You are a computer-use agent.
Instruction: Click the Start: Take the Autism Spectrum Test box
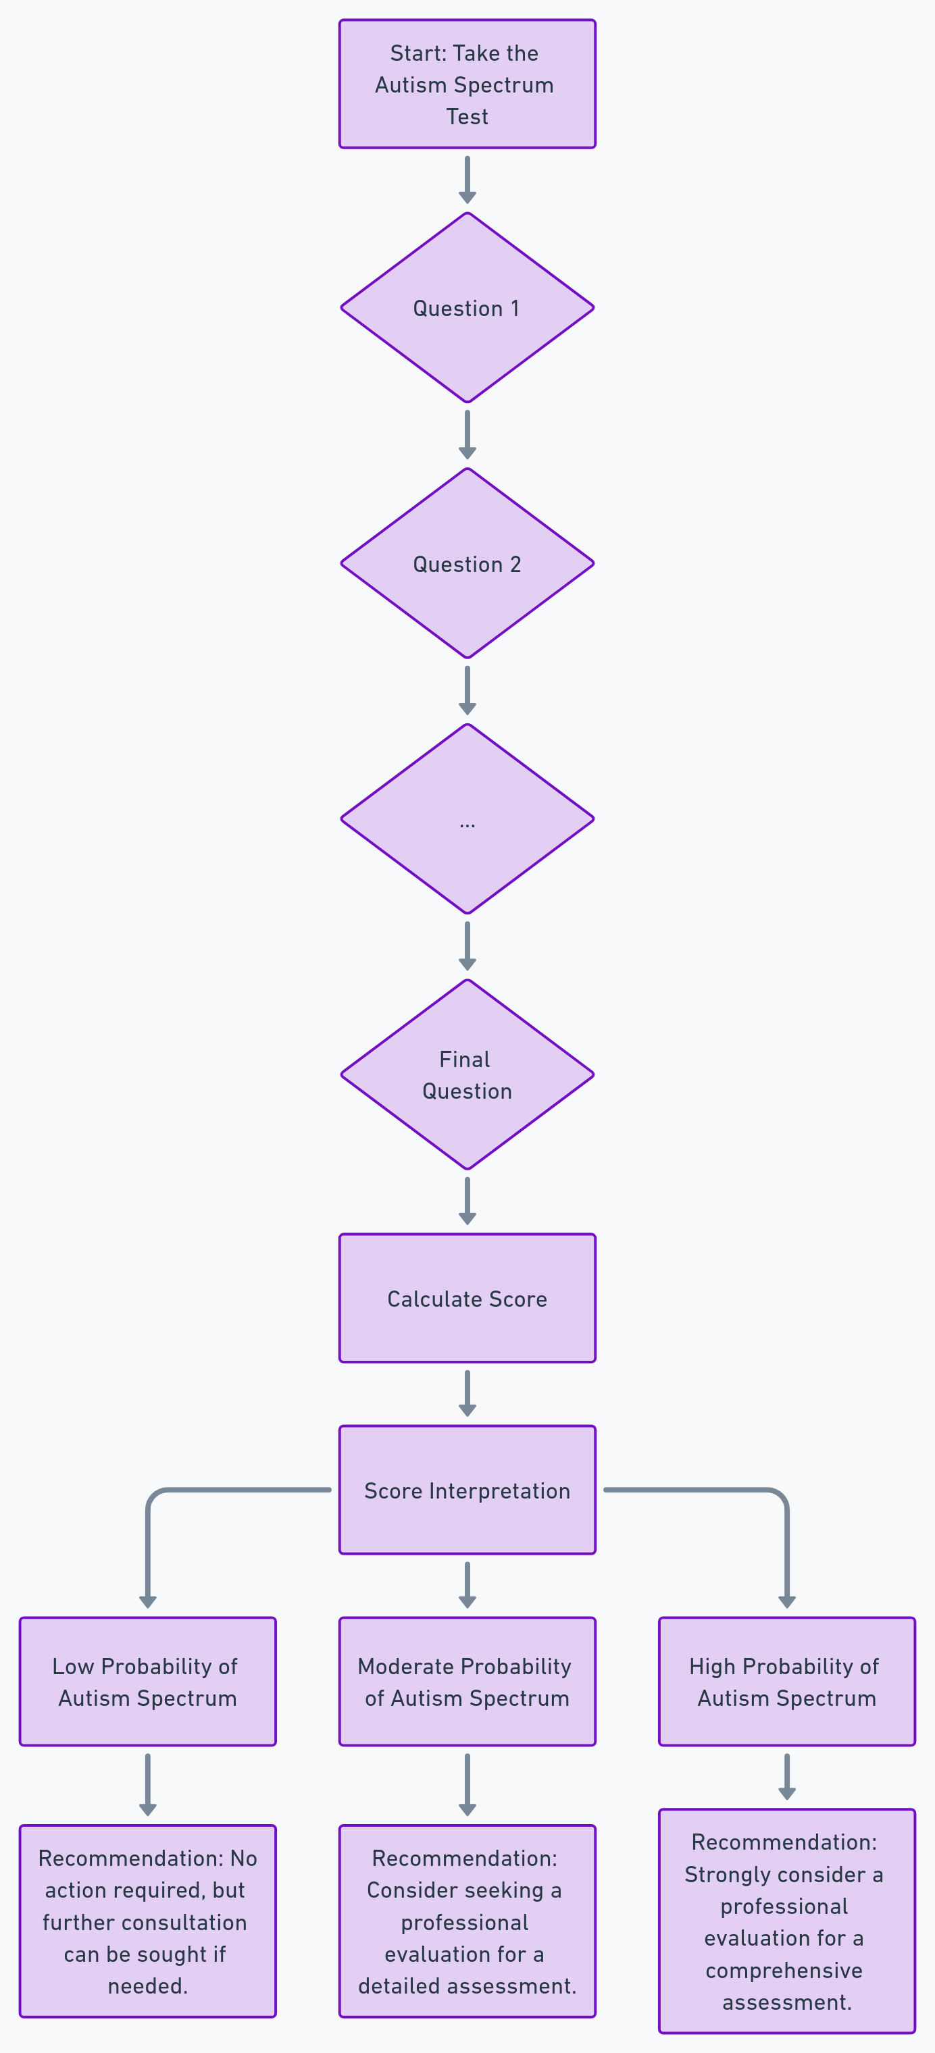point(467,84)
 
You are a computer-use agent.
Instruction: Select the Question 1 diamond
point(467,308)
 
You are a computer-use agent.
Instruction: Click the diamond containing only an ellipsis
point(467,818)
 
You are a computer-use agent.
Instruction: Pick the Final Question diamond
point(467,1074)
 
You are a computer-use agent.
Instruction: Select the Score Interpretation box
point(467,1490)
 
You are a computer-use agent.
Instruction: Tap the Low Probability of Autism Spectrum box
point(147,1682)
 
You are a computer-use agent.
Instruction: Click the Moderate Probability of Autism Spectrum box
point(467,1682)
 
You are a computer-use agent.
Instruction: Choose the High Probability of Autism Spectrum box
point(787,1682)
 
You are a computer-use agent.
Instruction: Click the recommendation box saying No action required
point(147,1921)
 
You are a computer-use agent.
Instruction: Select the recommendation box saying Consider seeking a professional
point(467,1921)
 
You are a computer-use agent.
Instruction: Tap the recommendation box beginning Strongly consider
point(787,1921)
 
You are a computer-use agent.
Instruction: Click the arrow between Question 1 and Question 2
point(467,434)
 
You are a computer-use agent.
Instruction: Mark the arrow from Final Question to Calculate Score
point(467,1199)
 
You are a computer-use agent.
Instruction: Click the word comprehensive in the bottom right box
point(784,1971)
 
